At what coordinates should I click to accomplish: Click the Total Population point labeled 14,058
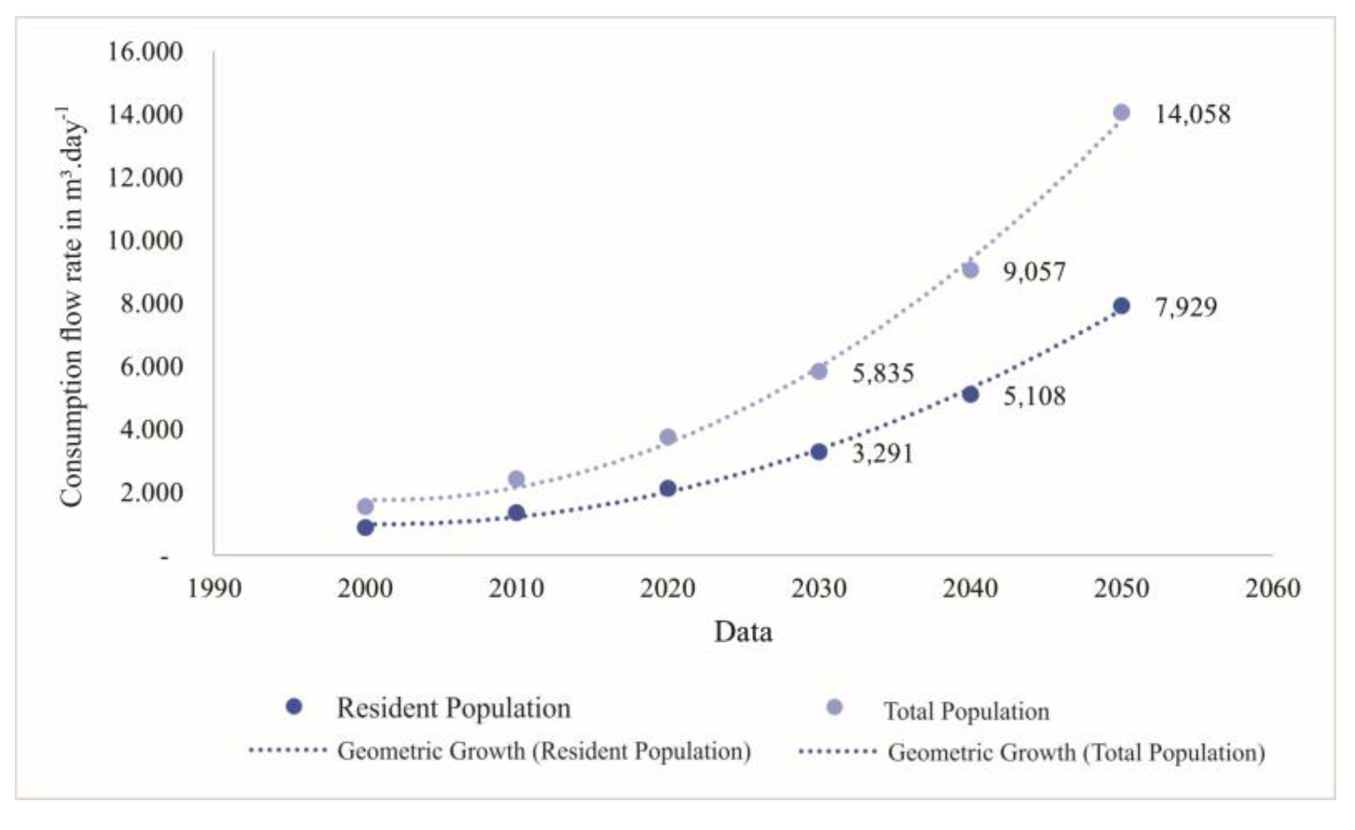tap(1121, 113)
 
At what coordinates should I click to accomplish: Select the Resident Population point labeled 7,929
tap(1121, 306)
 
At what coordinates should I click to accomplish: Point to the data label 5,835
tap(883, 374)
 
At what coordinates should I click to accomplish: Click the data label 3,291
tap(883, 454)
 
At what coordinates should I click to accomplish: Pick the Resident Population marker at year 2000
tap(365, 528)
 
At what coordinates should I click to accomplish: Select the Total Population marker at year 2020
tap(668, 437)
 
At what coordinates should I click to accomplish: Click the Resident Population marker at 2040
tap(970, 395)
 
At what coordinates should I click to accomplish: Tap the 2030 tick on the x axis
tap(819, 589)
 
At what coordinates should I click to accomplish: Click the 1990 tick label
tap(214, 589)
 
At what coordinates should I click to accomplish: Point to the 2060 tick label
tap(1272, 589)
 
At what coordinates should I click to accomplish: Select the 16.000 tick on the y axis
tap(145, 52)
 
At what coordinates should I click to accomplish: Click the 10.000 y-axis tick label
tap(145, 241)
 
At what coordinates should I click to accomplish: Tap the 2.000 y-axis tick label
tap(152, 493)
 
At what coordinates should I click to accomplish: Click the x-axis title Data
tap(743, 632)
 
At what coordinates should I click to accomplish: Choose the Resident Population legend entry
tap(454, 708)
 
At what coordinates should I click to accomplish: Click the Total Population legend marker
tap(833, 707)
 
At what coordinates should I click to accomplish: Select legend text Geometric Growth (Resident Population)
tap(544, 752)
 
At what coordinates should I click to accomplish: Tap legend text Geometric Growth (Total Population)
tap(1076, 753)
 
